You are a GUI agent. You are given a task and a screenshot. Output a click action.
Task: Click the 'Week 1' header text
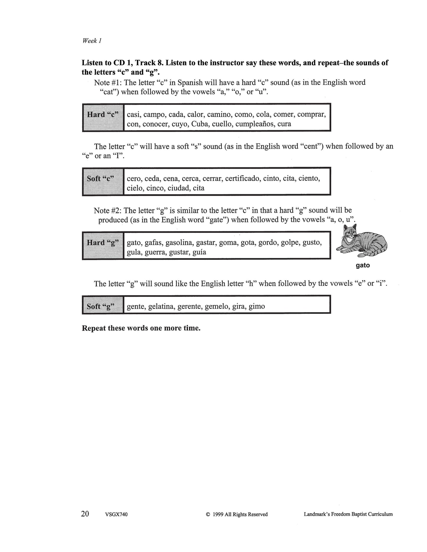(92, 41)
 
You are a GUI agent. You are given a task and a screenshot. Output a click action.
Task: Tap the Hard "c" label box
(103, 117)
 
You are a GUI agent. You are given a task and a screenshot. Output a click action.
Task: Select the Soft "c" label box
(103, 181)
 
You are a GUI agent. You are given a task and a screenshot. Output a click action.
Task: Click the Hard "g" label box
(103, 245)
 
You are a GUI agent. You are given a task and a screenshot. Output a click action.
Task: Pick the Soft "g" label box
(103, 304)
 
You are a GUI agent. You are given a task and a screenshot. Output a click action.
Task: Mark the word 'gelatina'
(161, 306)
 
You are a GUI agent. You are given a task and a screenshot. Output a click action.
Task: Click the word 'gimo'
(256, 306)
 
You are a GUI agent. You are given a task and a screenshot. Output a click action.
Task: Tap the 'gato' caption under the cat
(363, 265)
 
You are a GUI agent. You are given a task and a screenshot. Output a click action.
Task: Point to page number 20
(85, 514)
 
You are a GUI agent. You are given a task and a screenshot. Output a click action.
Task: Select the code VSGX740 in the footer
(116, 515)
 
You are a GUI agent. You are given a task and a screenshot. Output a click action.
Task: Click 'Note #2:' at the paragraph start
(108, 211)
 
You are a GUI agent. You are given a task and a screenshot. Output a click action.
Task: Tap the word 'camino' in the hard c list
(219, 115)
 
